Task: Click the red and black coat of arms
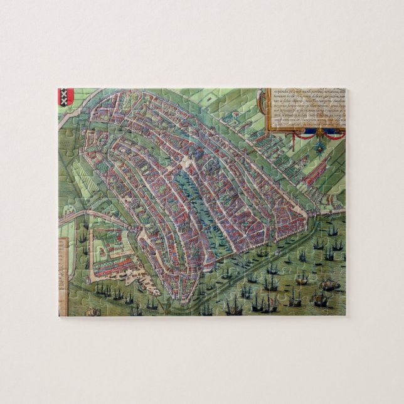[x=66, y=97]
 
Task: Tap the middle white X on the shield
[x=66, y=97]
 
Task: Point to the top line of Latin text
[x=307, y=91]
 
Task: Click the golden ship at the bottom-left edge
[x=93, y=312]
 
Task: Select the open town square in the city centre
[x=188, y=166]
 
